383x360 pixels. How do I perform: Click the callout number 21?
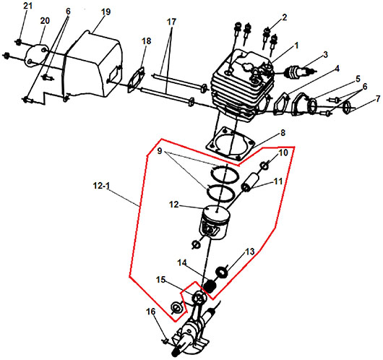coord(27,6)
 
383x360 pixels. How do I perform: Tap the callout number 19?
coord(106,12)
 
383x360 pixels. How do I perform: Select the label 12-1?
coord(101,186)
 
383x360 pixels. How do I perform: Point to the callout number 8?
coord(283,133)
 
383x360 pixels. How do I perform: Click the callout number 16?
coord(151,312)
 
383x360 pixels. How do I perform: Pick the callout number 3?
coord(325,55)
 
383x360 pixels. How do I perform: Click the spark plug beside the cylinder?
coord(300,71)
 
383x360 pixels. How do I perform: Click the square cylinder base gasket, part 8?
coord(229,145)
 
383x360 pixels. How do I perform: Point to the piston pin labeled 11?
coord(249,183)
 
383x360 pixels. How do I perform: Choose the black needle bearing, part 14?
coord(210,286)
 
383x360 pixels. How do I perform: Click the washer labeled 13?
coord(222,272)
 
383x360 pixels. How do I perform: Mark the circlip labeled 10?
coord(264,166)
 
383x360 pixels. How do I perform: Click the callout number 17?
coord(171,22)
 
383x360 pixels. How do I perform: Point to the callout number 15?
coord(160,280)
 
